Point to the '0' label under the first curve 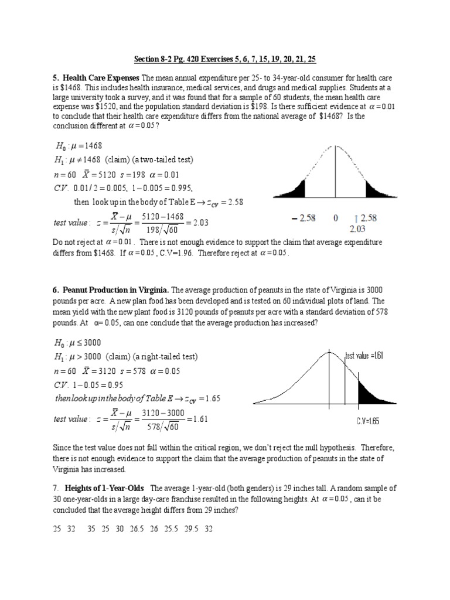point(336,218)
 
